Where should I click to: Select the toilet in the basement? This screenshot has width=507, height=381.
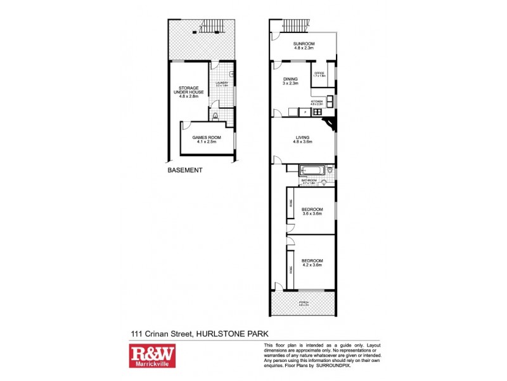click(x=216, y=116)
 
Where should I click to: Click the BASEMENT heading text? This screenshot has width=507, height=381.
click(x=185, y=170)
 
